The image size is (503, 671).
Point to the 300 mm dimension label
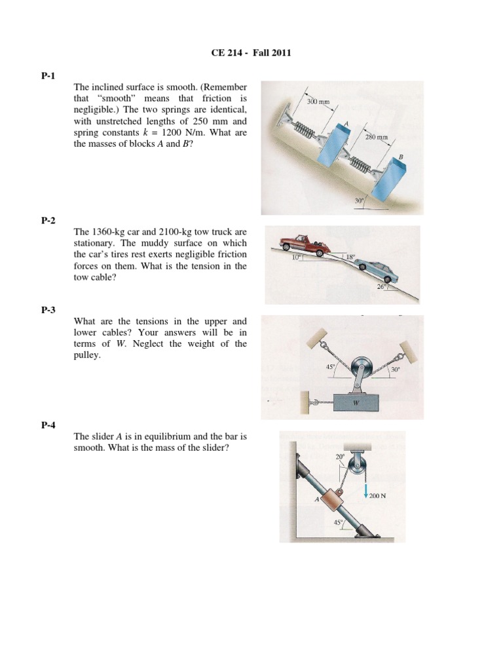[x=318, y=103]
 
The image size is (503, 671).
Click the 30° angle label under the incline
[x=360, y=202]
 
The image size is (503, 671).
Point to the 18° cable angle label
[x=351, y=258]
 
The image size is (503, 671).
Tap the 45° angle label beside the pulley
[x=330, y=368]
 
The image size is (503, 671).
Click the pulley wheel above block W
[x=363, y=368]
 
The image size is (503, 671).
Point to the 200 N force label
[x=377, y=496]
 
